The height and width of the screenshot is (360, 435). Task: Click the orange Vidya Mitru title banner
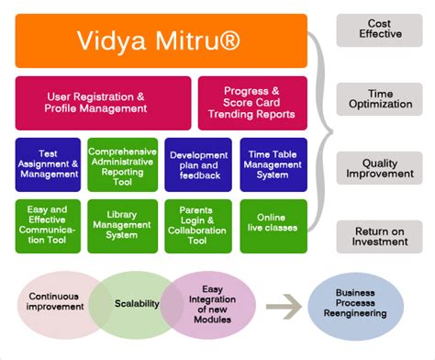tap(161, 41)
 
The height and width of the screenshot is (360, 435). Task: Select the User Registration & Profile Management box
tap(103, 102)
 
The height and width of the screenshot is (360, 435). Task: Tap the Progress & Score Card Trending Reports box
tap(251, 102)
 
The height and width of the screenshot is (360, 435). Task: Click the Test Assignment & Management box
tap(47, 163)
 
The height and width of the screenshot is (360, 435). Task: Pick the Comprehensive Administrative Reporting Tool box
tap(121, 163)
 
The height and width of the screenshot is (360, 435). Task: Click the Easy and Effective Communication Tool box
tap(47, 224)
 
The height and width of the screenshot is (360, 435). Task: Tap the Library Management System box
tap(121, 224)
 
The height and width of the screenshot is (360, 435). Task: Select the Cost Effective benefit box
tap(379, 30)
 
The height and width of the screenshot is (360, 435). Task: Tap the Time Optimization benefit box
tap(379, 97)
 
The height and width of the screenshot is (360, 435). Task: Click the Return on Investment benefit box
tap(379, 235)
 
